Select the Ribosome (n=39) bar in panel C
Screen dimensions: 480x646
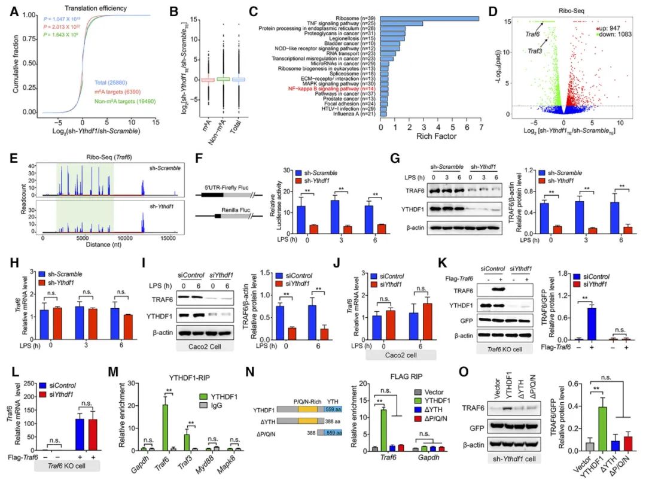[429, 18]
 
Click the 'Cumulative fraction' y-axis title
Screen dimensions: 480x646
[14, 65]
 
